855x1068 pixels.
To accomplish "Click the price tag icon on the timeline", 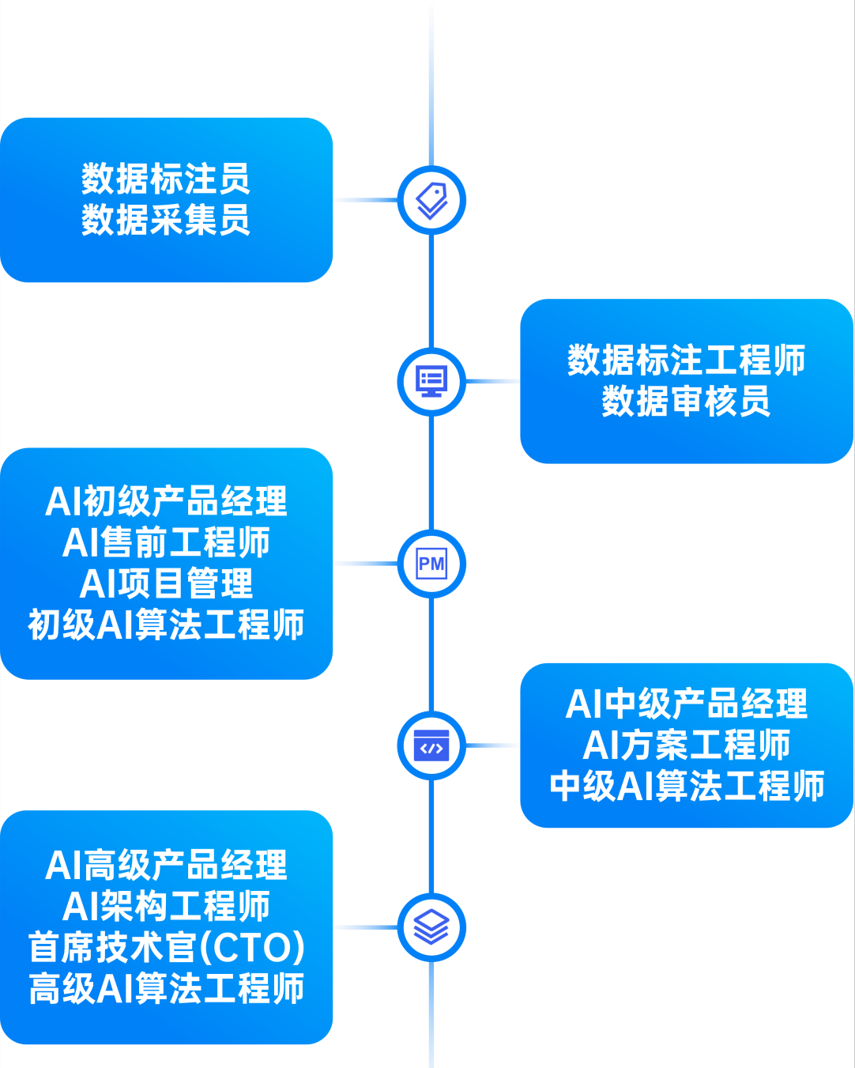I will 431,200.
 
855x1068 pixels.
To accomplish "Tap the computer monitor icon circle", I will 431,382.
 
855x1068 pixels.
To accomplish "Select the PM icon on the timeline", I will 431,564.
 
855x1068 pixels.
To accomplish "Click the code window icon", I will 431,745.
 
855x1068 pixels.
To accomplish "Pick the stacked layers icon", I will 431,927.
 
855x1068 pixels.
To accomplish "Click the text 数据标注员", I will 166,179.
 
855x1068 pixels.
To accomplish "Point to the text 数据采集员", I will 166,220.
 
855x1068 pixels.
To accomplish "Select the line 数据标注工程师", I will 686,360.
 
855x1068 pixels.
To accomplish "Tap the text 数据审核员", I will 686,402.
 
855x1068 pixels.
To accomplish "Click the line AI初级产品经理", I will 166,501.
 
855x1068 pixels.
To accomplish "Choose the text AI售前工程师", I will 166,542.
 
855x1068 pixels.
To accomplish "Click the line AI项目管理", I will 166,583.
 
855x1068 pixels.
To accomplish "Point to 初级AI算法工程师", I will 166,625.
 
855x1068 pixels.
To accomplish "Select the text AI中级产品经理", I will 686,704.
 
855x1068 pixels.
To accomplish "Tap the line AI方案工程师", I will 686,745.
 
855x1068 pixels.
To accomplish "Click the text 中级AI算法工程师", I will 686,786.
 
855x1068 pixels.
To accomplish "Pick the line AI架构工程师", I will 166,906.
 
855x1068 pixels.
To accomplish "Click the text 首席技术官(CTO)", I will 166,947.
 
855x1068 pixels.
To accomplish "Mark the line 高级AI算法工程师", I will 166,988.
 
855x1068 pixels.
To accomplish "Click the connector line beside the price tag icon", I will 364,200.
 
